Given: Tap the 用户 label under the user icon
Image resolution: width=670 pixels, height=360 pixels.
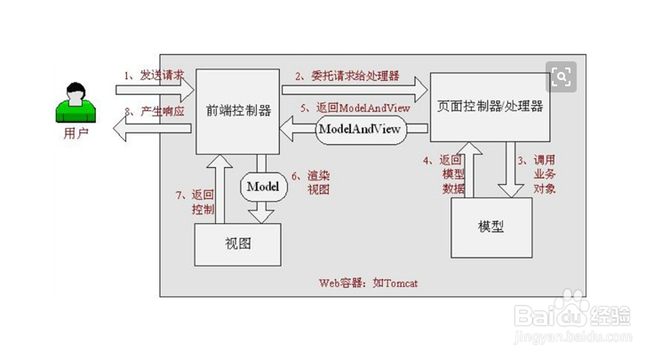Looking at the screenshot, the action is [x=76, y=134].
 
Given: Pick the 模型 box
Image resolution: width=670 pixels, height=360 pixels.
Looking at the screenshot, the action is [x=491, y=226].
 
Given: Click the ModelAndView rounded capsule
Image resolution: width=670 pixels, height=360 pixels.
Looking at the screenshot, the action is [x=361, y=130].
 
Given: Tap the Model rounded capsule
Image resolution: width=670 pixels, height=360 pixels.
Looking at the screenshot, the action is [x=262, y=187].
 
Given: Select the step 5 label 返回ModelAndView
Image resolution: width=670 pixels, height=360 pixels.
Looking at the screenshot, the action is [x=355, y=108].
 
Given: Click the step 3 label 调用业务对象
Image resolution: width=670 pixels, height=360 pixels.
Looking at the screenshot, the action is [x=542, y=174].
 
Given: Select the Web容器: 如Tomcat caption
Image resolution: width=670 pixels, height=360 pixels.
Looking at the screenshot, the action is [x=368, y=283].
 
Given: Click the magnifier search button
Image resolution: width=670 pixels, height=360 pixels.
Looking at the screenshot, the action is [x=561, y=76].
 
